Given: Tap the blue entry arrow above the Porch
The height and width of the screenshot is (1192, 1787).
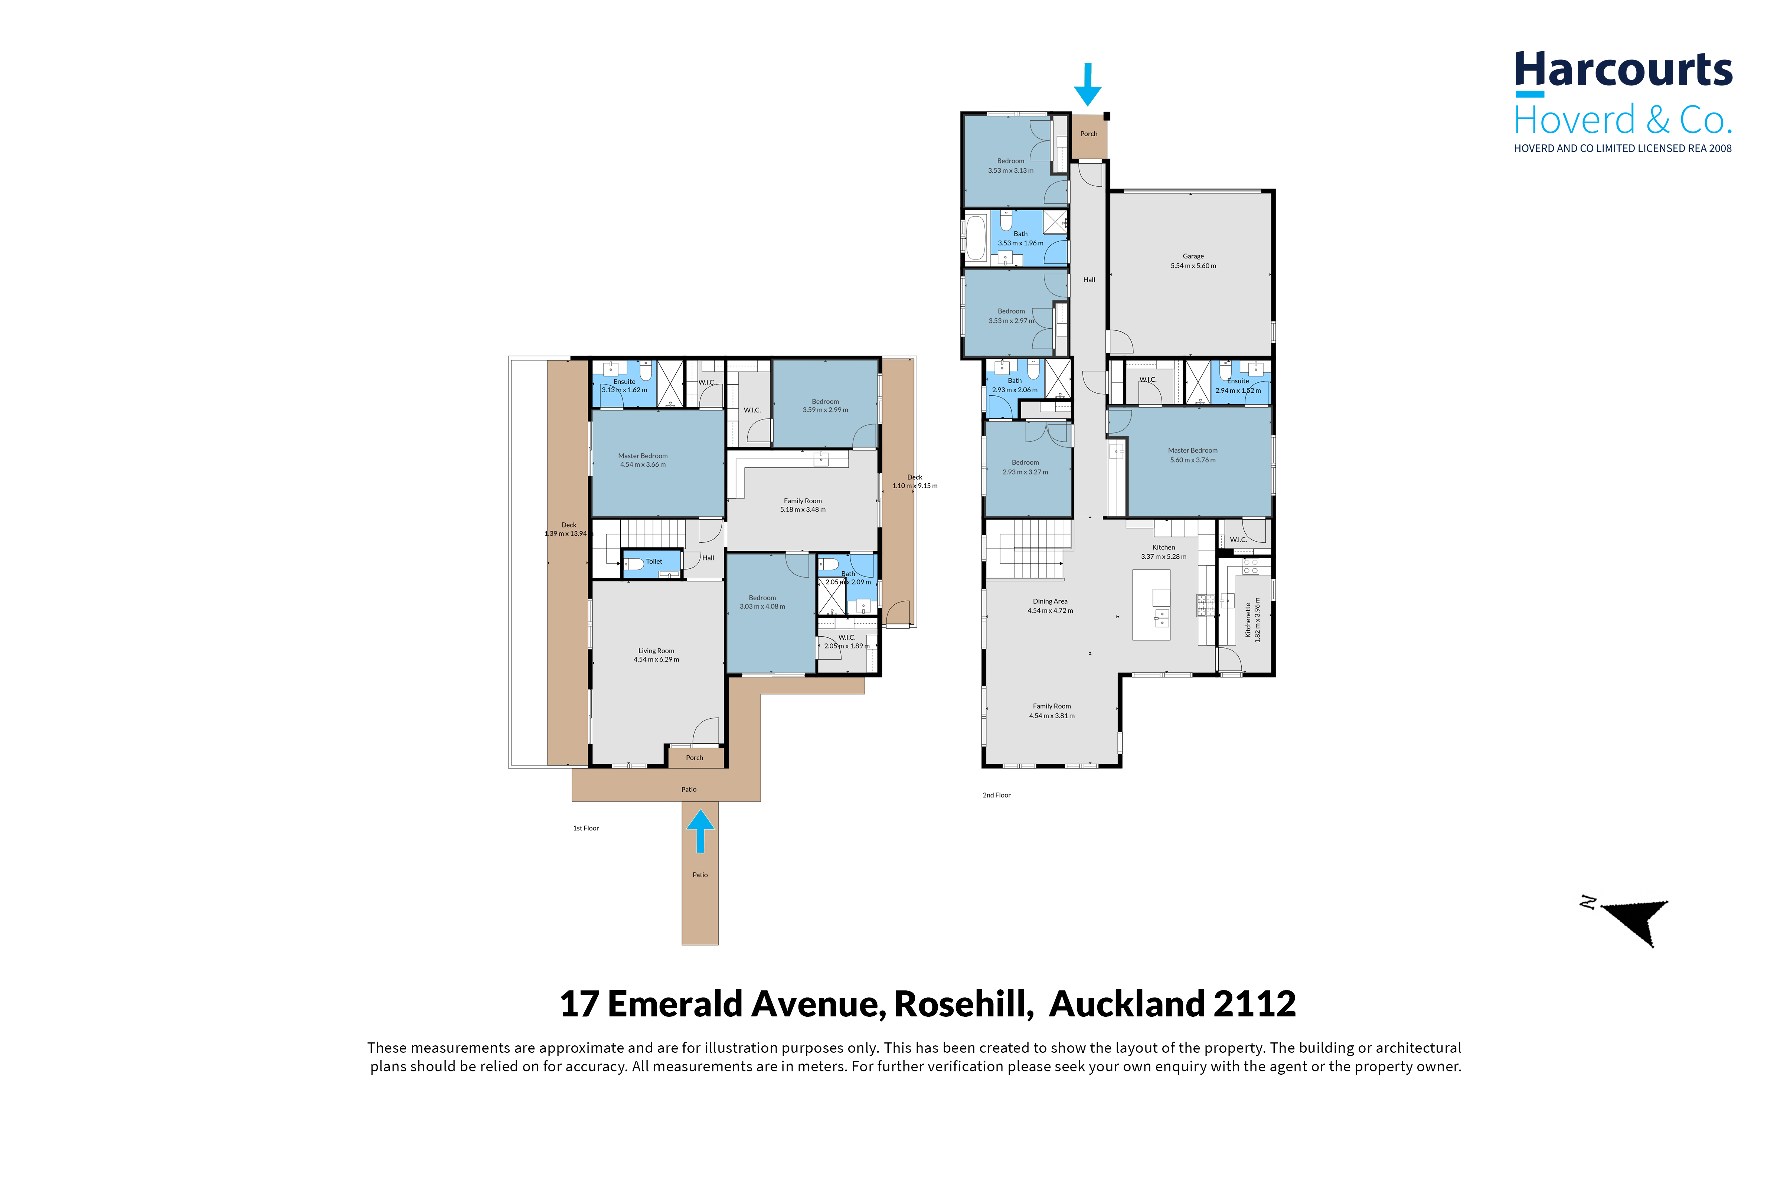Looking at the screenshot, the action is click(1088, 84).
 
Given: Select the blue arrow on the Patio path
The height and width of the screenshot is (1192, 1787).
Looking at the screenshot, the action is click(700, 831).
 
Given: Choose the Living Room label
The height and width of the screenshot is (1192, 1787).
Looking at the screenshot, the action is click(656, 651).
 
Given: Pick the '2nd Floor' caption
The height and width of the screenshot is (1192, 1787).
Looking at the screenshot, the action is click(996, 795).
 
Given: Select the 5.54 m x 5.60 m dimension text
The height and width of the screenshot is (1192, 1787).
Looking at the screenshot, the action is click(1193, 266).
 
